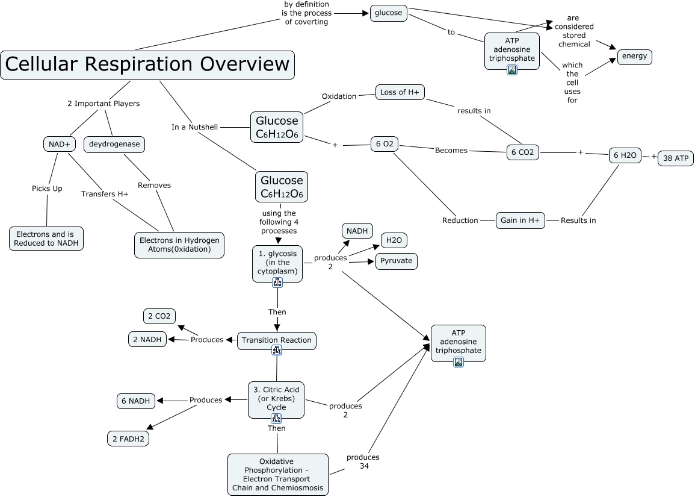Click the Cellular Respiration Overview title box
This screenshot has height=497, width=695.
[147, 64]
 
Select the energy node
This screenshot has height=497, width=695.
[635, 57]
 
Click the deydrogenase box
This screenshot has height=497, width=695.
[114, 144]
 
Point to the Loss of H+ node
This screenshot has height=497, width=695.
[400, 92]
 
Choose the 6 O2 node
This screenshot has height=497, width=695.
[385, 145]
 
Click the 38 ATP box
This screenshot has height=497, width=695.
[676, 158]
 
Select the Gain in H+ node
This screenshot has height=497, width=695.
[520, 220]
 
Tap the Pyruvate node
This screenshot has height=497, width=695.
[397, 261]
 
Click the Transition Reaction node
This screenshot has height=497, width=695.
[277, 340]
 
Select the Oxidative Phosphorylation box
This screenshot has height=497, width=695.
[278, 474]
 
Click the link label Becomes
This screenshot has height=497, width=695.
[451, 150]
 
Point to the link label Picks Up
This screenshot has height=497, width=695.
[47, 189]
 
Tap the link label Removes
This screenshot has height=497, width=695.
[155, 185]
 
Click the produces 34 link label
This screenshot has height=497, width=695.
[363, 461]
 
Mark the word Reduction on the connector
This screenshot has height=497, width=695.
[460, 220]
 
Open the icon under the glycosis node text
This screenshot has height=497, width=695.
[277, 282]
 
